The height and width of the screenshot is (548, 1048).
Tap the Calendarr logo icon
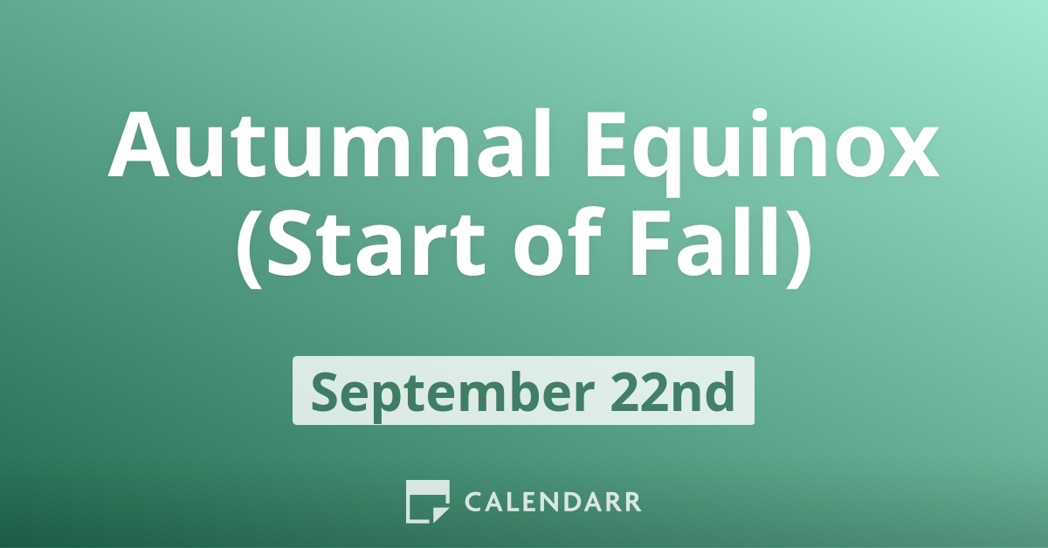click(427, 502)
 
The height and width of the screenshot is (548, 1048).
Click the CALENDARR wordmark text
click(553, 503)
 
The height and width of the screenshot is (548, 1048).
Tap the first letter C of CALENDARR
click(473, 503)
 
